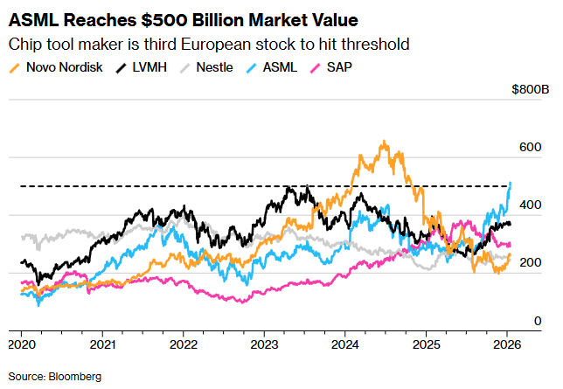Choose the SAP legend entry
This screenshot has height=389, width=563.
pos(337,67)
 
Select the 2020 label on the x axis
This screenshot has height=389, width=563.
pos(22,344)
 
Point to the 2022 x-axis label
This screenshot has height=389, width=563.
pos(183,344)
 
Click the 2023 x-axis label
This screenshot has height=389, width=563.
pos(264,344)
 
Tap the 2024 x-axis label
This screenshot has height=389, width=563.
pos(344,344)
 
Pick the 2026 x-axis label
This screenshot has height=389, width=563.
pos(506,344)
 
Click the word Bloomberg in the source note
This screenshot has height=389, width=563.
pos(75,376)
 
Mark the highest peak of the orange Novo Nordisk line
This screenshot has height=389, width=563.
pos(382,141)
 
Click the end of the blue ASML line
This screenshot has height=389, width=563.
pos(511,182)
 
